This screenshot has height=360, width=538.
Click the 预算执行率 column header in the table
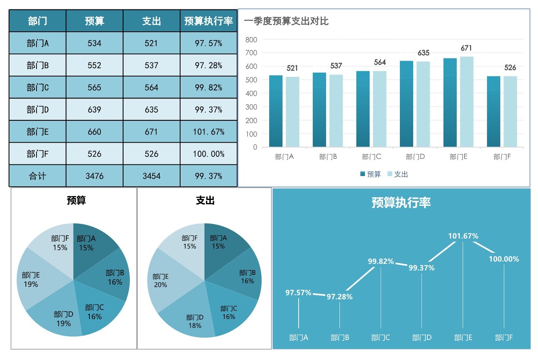pos(208,21)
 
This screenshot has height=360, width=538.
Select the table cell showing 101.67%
pos(208,132)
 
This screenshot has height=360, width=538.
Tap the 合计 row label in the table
pos(38,176)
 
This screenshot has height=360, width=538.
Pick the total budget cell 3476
pos(95,176)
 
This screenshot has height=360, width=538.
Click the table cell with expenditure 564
pos(151,87)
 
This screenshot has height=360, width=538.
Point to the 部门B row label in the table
pos(38,65)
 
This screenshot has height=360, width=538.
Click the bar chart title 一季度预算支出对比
pos(286,21)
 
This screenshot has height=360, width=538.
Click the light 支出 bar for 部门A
pos(292,112)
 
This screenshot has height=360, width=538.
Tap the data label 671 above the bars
pos(466,48)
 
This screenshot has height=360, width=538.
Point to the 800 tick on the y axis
pos(251,40)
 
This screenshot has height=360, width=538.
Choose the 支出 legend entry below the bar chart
pos(398,174)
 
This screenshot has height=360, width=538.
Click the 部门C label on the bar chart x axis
pos(372,157)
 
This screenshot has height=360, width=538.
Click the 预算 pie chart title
pos(76,201)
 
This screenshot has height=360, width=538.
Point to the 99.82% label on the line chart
pos(381,262)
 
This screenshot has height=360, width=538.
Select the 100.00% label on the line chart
pos(504,259)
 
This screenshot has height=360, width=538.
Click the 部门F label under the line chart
pos(504,338)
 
